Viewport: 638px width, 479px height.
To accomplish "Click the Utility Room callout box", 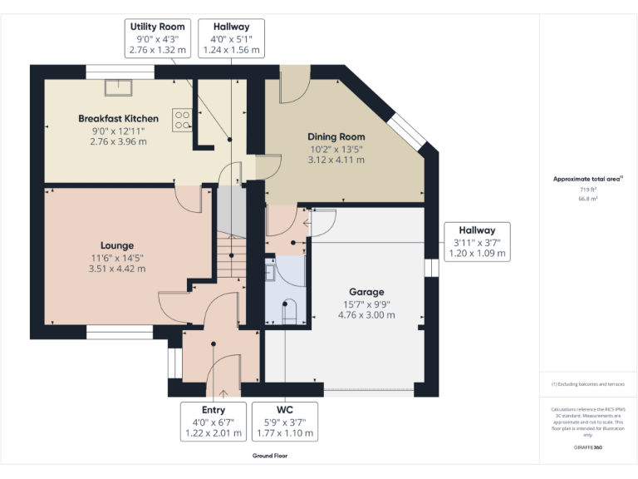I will click(156, 38).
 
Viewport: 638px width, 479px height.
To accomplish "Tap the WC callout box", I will click(285, 422).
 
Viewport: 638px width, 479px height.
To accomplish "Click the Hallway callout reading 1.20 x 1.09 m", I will click(477, 242).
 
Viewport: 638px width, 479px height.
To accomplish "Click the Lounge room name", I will click(117, 245).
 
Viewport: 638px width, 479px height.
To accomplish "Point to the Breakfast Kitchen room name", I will click(118, 119).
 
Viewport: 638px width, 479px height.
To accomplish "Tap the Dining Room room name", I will click(336, 137).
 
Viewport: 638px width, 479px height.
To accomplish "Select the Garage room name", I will click(366, 292).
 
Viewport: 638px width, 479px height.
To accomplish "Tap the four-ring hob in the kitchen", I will click(182, 120).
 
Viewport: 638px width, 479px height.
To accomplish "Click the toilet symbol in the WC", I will click(289, 310).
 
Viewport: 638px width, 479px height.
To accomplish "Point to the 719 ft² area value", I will click(588, 190).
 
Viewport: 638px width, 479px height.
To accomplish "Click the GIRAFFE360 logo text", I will click(588, 447).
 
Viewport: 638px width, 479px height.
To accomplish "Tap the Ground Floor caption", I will click(270, 456).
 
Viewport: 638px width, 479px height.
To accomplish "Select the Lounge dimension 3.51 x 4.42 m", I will click(117, 269).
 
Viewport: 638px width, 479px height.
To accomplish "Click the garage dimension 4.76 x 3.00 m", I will click(366, 315).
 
